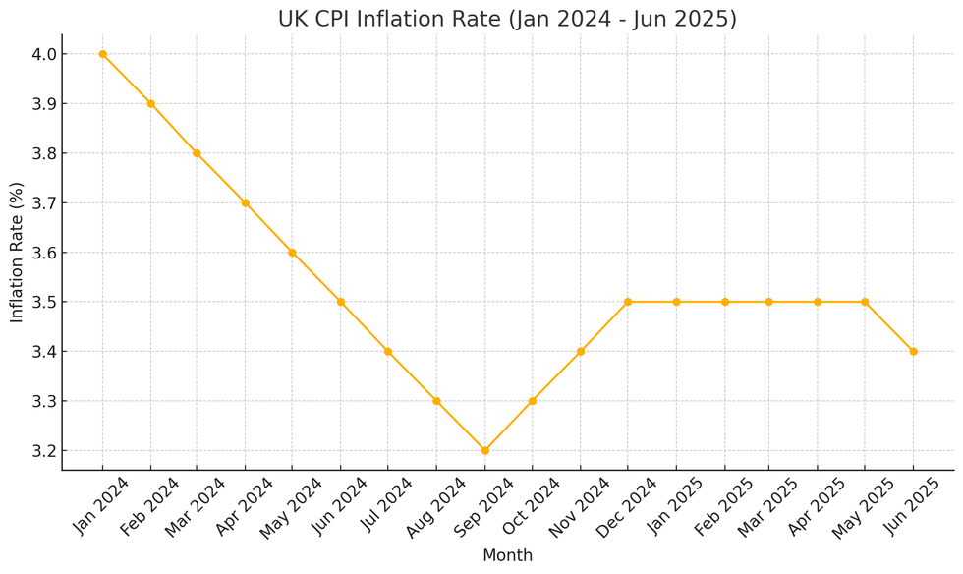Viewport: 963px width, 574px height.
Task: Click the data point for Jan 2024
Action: pyautogui.click(x=102, y=54)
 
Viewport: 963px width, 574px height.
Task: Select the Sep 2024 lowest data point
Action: pyautogui.click(x=484, y=450)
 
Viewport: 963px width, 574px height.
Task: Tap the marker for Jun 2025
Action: pyautogui.click(x=913, y=351)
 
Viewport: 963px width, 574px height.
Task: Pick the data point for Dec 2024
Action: pyautogui.click(x=628, y=302)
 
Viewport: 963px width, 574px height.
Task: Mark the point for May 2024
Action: pyautogui.click(x=292, y=253)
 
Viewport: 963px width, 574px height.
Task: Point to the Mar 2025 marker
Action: pyautogui.click(x=769, y=302)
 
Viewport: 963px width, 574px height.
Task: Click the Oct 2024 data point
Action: pyautogui.click(x=533, y=401)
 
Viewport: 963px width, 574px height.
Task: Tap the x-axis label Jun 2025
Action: pyautogui.click(x=913, y=507)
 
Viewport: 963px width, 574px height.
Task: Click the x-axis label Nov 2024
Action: pyautogui.click(x=580, y=507)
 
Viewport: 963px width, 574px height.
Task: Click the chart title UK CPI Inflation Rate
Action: pyautogui.click(x=507, y=19)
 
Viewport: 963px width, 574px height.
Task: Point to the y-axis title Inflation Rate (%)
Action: pyautogui.click(x=17, y=252)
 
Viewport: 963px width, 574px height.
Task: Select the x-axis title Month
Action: pyautogui.click(x=507, y=556)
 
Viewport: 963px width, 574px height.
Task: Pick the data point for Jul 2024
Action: pyautogui.click(x=388, y=351)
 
